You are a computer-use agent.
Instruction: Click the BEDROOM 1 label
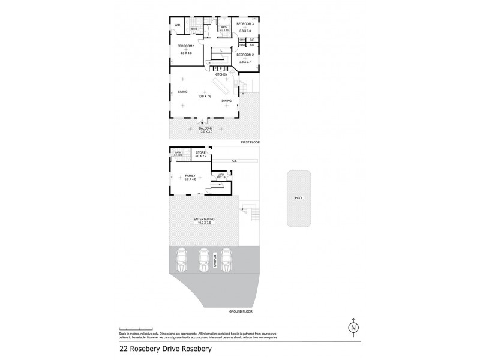[x=185, y=46]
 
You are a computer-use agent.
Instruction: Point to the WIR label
[x=177, y=25]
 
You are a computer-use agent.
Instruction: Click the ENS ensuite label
[x=194, y=29]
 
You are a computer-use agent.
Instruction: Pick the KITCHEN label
[x=230, y=74]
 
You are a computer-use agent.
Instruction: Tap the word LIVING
[x=182, y=92]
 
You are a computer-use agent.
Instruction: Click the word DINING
[x=226, y=100]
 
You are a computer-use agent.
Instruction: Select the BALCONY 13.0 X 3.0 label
[x=206, y=130]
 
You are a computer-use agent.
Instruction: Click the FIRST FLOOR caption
[x=250, y=142]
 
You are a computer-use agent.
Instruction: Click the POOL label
[x=299, y=197]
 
